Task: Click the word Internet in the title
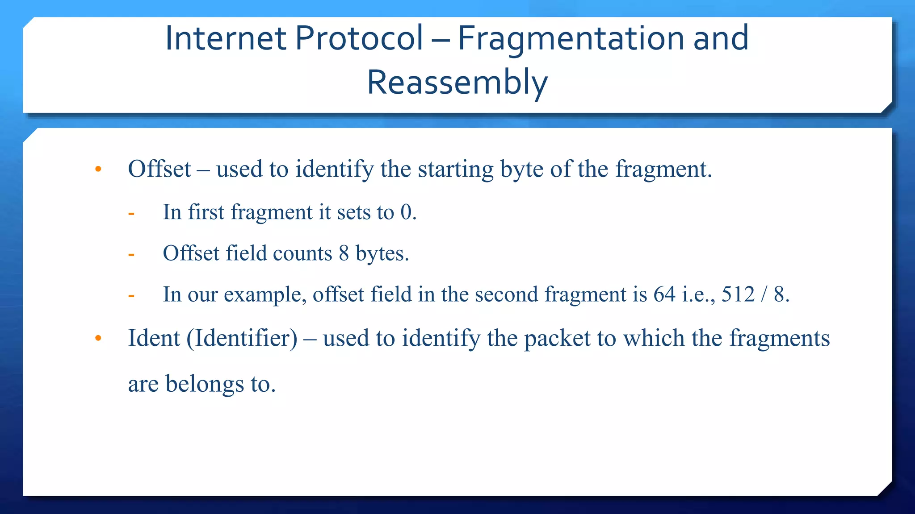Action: pyautogui.click(x=226, y=38)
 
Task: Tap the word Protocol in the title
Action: pyautogui.click(x=359, y=38)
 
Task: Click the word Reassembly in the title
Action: pyautogui.click(x=457, y=83)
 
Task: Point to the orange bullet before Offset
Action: pyautogui.click(x=98, y=170)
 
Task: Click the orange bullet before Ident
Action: pyautogui.click(x=98, y=339)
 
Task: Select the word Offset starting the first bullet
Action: pyautogui.click(x=159, y=169)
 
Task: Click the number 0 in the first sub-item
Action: pyautogui.click(x=406, y=212)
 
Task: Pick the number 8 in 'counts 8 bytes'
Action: pyautogui.click(x=344, y=253)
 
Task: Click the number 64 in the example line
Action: pyautogui.click(x=664, y=294)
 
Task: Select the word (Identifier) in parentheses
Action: pyautogui.click(x=242, y=338)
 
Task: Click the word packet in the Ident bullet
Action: pyautogui.click(x=557, y=338)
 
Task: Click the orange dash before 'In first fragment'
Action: pyautogui.click(x=131, y=213)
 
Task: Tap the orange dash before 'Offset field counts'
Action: pyautogui.click(x=131, y=254)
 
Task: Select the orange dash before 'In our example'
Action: pyautogui.click(x=131, y=295)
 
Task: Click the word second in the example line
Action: pyautogui.click(x=506, y=294)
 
